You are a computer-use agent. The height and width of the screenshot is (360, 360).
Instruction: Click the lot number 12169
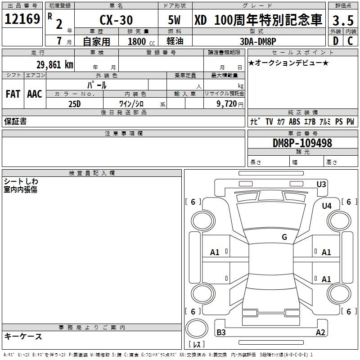tap(22, 18)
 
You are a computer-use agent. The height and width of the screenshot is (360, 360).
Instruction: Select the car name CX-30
tap(116, 20)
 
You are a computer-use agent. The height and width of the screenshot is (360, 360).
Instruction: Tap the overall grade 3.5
tap(343, 20)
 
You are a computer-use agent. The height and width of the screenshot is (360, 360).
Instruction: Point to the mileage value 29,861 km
tap(54, 65)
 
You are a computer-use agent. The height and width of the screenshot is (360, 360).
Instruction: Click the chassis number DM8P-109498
tap(302, 143)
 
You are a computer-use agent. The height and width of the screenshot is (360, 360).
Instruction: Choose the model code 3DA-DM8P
tap(258, 41)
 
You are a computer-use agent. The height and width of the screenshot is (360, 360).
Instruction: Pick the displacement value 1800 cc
tap(141, 41)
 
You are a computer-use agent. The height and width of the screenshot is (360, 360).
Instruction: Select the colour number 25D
tap(75, 104)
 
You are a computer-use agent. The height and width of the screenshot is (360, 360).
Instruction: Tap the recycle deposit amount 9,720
tap(227, 104)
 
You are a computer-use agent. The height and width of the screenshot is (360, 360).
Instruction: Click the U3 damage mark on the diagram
tap(321, 184)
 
